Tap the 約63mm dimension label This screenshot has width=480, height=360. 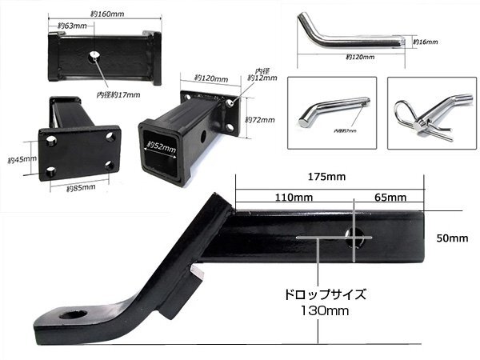click(x=70, y=26)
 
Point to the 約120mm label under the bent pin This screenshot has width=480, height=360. click(x=362, y=58)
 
